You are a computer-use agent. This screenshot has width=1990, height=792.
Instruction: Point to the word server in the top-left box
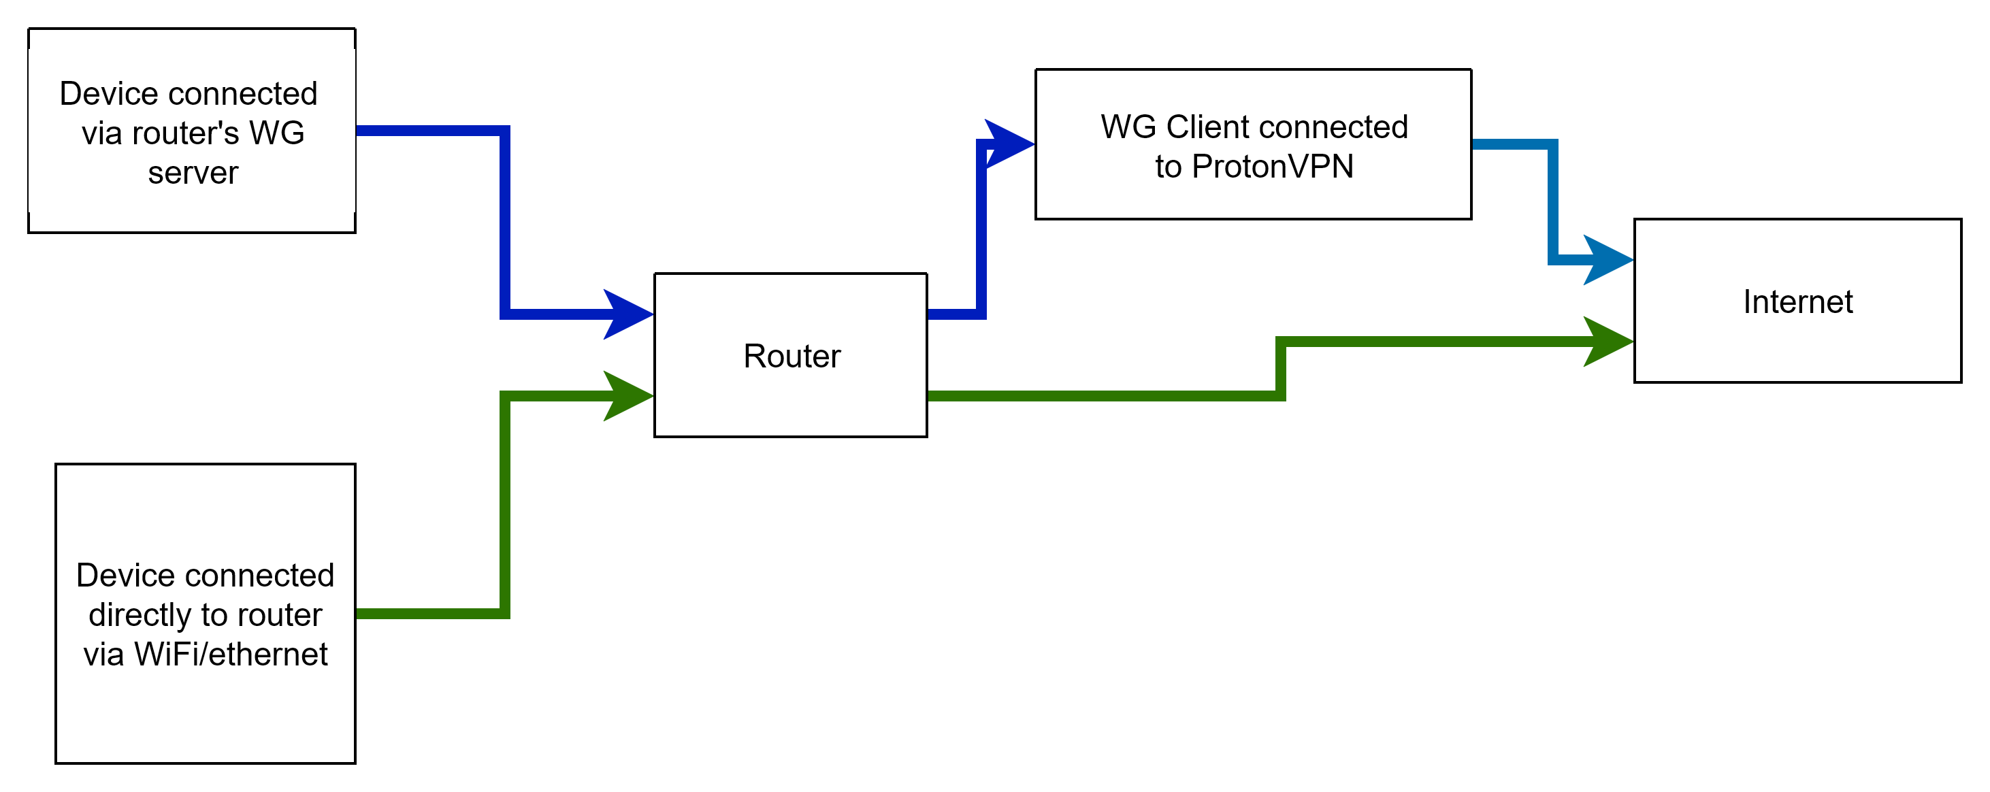click(193, 172)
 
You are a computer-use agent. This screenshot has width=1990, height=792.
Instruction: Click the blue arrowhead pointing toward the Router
click(629, 314)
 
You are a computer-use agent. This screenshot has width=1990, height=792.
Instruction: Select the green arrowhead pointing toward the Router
click(629, 395)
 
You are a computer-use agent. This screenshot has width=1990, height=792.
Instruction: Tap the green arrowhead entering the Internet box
click(1608, 341)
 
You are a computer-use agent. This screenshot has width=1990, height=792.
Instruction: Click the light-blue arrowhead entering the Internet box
click(1608, 260)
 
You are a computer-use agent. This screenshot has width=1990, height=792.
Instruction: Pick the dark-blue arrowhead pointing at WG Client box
click(1008, 144)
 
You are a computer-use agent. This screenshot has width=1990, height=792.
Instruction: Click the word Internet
click(1797, 301)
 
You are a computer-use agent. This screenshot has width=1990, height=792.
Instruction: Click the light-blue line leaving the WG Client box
click(1552, 201)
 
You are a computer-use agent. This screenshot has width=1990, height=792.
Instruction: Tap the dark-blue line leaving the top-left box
click(505, 216)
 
